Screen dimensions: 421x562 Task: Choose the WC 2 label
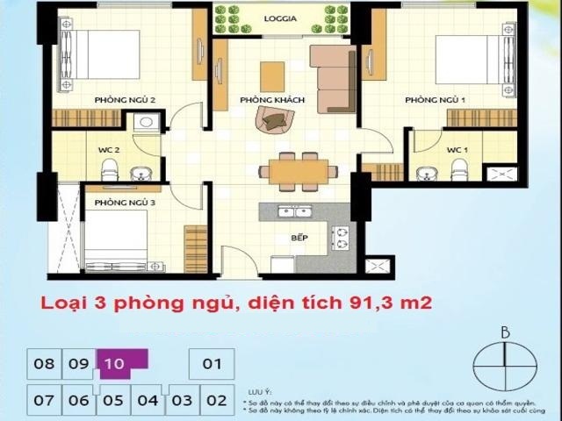tap(108, 150)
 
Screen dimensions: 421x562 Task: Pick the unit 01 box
tap(212, 363)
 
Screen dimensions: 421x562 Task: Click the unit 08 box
tap(45, 363)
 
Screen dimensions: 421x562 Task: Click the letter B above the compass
tap(504, 332)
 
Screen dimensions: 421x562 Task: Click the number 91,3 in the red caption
tap(368, 304)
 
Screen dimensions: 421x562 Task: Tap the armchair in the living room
tap(268, 119)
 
